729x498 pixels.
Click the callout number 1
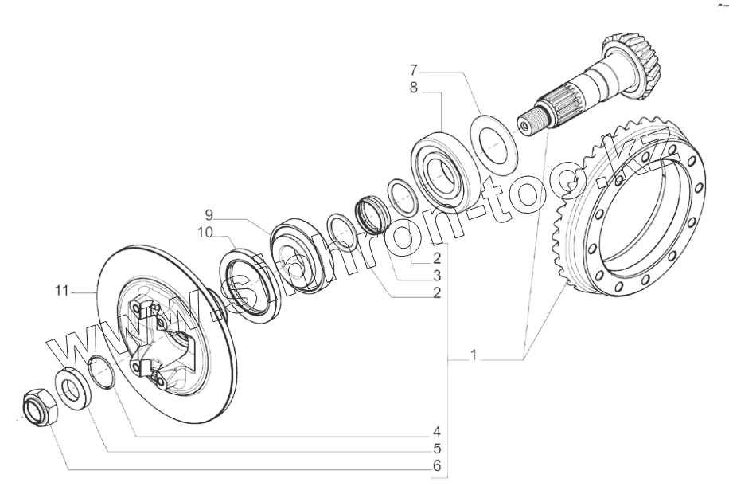point(474,356)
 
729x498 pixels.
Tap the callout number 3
point(437,275)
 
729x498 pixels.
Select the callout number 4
point(437,431)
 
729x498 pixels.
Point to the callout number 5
point(437,448)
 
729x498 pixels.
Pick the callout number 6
point(437,465)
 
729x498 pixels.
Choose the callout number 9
point(209,215)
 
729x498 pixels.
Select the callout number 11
point(63,292)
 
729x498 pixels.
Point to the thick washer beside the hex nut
point(72,388)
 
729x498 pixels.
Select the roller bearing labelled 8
point(444,167)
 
